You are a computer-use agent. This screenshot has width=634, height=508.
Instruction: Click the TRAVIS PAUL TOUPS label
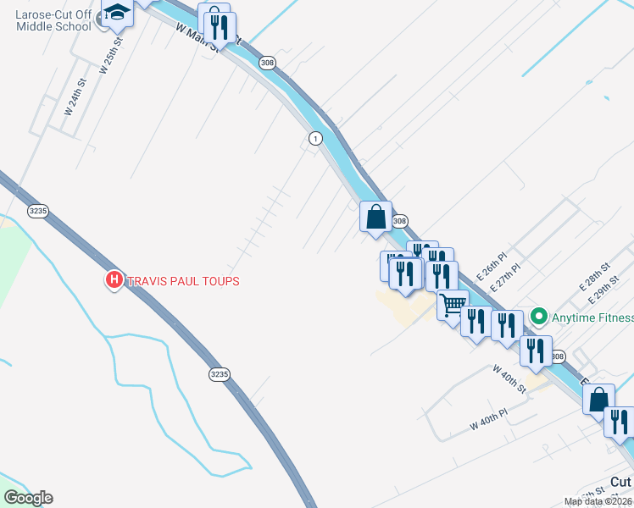coord(183,281)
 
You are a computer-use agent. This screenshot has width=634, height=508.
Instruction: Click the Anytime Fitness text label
coord(592,318)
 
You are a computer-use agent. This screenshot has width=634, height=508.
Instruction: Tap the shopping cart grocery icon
coord(453,304)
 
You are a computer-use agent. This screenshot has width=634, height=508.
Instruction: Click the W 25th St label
coord(111,55)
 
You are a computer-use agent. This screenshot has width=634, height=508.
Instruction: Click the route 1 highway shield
coord(315,138)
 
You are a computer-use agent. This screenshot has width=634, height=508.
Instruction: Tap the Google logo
coord(29,498)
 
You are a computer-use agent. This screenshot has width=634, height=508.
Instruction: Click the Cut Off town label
coord(621,481)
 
